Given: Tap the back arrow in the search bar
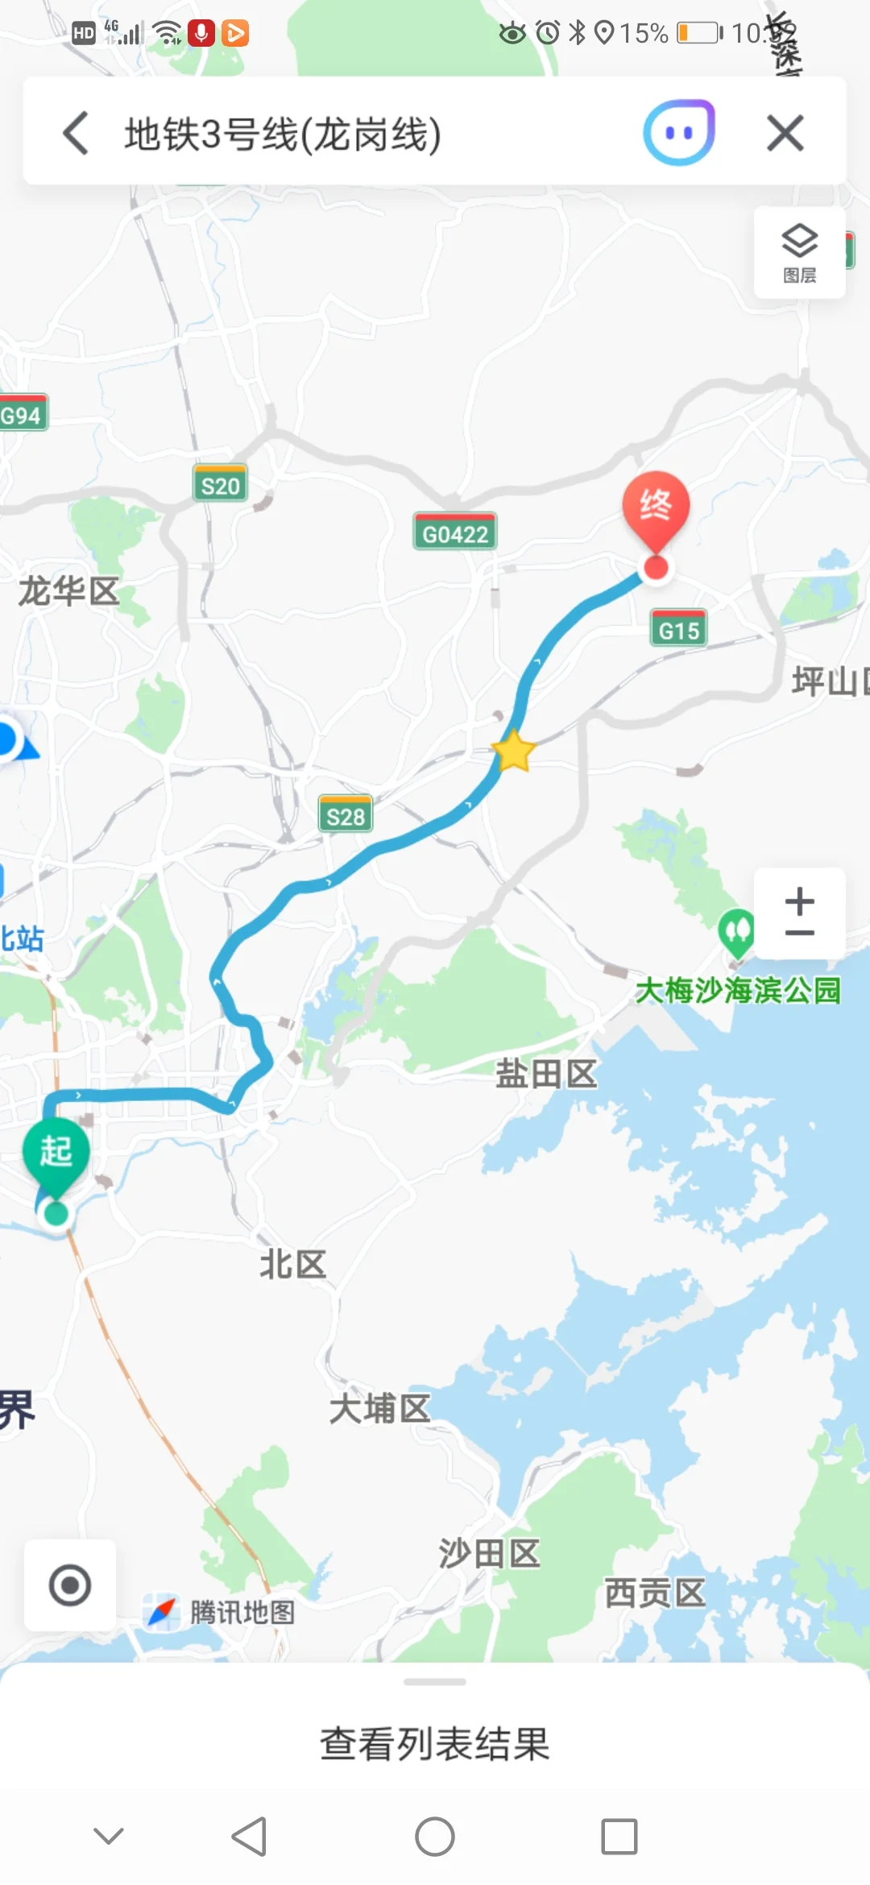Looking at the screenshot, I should click(x=76, y=133).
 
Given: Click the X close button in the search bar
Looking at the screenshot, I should click(x=785, y=133).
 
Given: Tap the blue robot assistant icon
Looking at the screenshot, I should click(x=678, y=133).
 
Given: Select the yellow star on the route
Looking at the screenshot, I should click(x=513, y=752).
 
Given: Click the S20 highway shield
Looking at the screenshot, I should click(x=220, y=485).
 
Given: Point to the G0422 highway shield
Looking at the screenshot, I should click(x=455, y=533).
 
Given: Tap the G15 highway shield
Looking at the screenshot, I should click(x=678, y=630).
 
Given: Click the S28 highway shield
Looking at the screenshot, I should click(x=346, y=816).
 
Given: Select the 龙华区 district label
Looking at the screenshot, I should click(x=69, y=591).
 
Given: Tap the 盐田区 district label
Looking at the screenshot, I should click(x=546, y=1074).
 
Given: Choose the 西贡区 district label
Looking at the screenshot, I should click(x=655, y=1593).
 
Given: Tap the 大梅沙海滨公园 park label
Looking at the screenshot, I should click(x=738, y=990).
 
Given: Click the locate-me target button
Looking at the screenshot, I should click(x=70, y=1585).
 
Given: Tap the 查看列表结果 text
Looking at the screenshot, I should click(x=435, y=1744).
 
